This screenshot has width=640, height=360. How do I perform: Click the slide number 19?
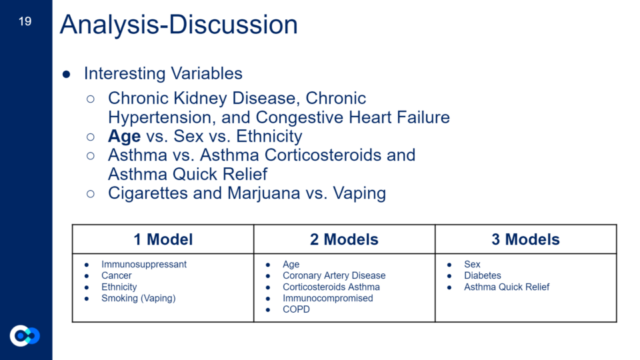point(25,21)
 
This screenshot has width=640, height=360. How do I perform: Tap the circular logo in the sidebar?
point(25,335)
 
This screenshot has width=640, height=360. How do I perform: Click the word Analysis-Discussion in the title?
point(179,25)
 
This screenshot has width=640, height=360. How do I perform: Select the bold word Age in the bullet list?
point(124,136)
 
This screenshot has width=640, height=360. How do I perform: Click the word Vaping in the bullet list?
point(359,193)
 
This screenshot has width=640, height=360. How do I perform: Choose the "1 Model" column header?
point(163,239)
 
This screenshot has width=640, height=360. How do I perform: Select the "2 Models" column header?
point(344,239)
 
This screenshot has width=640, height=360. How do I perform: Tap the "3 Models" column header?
point(525,239)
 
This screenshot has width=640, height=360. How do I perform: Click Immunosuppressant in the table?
point(144,265)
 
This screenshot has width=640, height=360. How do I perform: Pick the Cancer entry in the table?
point(116,275)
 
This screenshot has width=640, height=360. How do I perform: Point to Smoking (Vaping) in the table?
point(139,299)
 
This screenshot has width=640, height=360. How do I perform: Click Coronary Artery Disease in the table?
point(334,275)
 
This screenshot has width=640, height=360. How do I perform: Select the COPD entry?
point(296,309)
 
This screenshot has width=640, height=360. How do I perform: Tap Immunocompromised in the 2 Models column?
point(328,299)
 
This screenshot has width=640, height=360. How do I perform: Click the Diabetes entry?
point(483,275)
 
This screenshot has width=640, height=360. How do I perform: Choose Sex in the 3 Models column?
point(472,265)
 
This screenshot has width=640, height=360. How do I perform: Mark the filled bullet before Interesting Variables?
point(67,74)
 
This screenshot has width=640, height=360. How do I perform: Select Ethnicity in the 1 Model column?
point(119,287)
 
